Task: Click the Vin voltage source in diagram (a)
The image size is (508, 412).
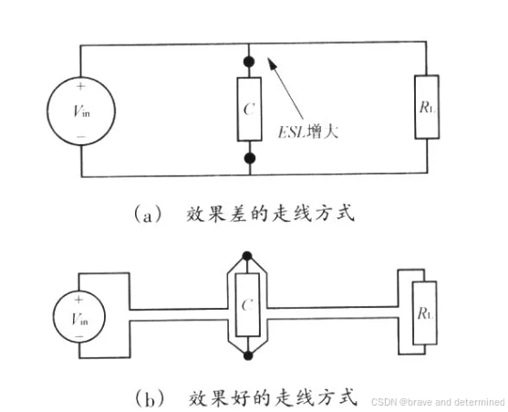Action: point(81,109)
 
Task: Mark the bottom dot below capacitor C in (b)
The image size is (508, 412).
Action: point(245,354)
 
